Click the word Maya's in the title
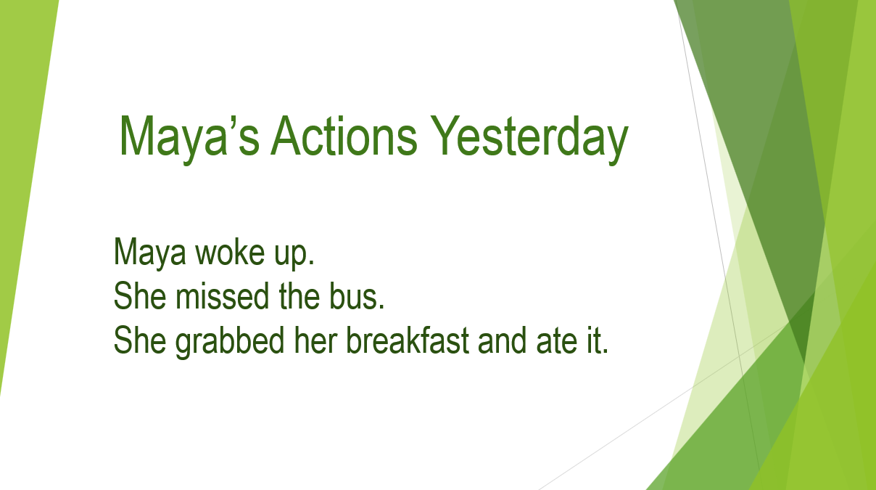pos(189,136)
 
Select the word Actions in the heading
pos(344,136)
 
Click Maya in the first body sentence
pos(149,253)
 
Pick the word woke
pos(230,252)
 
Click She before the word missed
pos(140,295)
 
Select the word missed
pos(222,295)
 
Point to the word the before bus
pos(299,295)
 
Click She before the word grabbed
pos(140,340)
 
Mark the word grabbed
pos(230,342)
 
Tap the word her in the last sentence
pos(315,340)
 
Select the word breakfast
pos(408,340)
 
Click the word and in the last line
pos(502,340)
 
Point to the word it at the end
pos(593,340)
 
